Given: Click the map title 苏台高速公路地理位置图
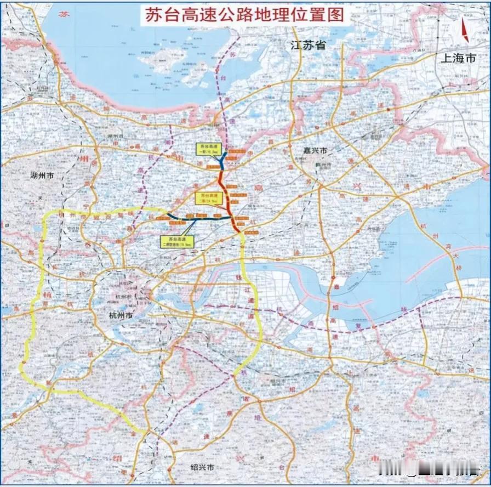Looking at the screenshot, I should pyautogui.click(x=245, y=15).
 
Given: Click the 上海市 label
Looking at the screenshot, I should pyautogui.click(x=458, y=58).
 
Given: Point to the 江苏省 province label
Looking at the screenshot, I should pyautogui.click(x=308, y=46).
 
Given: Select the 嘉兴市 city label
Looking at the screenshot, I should pyautogui.click(x=315, y=150).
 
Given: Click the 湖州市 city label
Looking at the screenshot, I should pyautogui.click(x=42, y=176).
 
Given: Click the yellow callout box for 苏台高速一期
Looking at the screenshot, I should pyautogui.click(x=205, y=148).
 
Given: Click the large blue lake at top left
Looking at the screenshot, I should pyautogui.click(x=137, y=49).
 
